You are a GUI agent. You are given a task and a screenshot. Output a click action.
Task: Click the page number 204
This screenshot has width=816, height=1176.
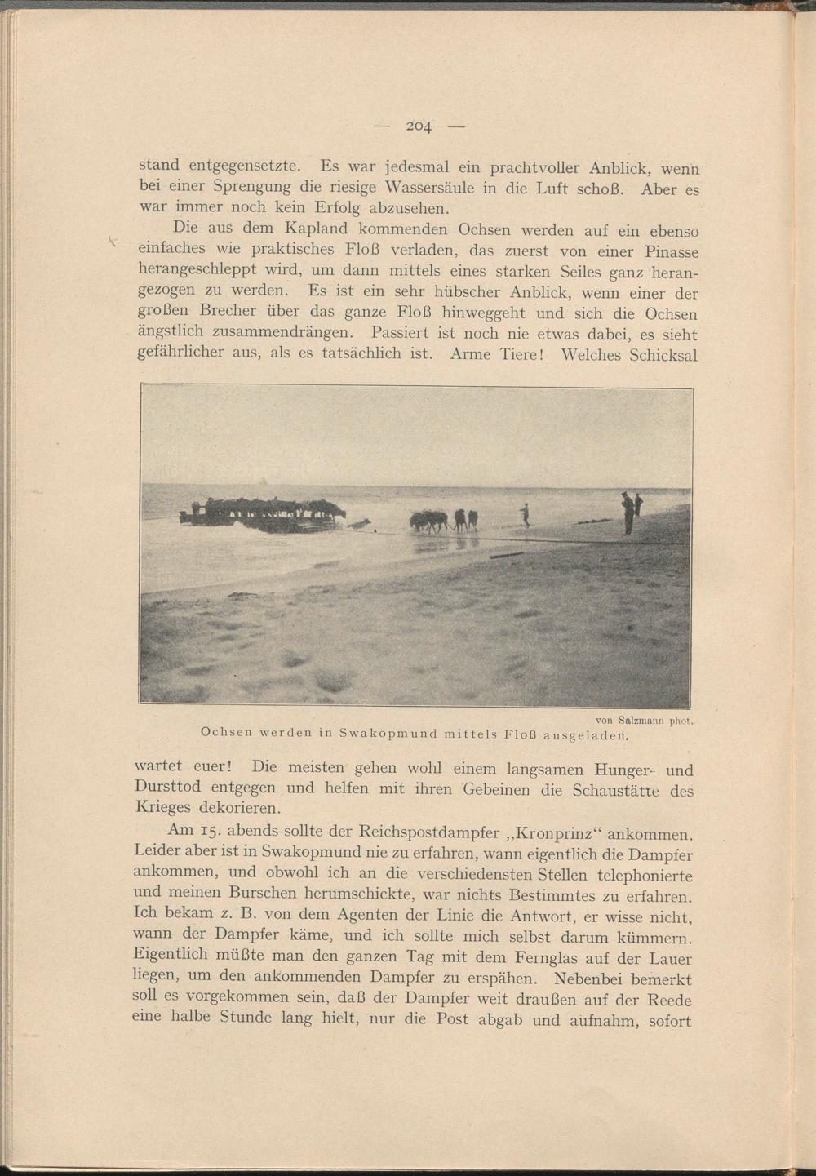pos(419,126)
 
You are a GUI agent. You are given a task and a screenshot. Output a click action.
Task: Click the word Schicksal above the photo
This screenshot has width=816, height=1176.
pos(663,355)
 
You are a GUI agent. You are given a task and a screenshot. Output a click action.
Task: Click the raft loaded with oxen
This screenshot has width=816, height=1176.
pos(265,513)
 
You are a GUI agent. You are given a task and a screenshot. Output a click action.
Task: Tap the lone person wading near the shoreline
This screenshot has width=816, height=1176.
pos(526,514)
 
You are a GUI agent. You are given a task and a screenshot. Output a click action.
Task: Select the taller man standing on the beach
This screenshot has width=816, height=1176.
pos(627,513)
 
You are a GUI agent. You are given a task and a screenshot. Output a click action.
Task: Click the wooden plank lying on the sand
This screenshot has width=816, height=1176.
pos(506,556)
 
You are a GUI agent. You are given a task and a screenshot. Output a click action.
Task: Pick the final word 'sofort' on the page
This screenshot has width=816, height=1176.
pos(670,1021)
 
